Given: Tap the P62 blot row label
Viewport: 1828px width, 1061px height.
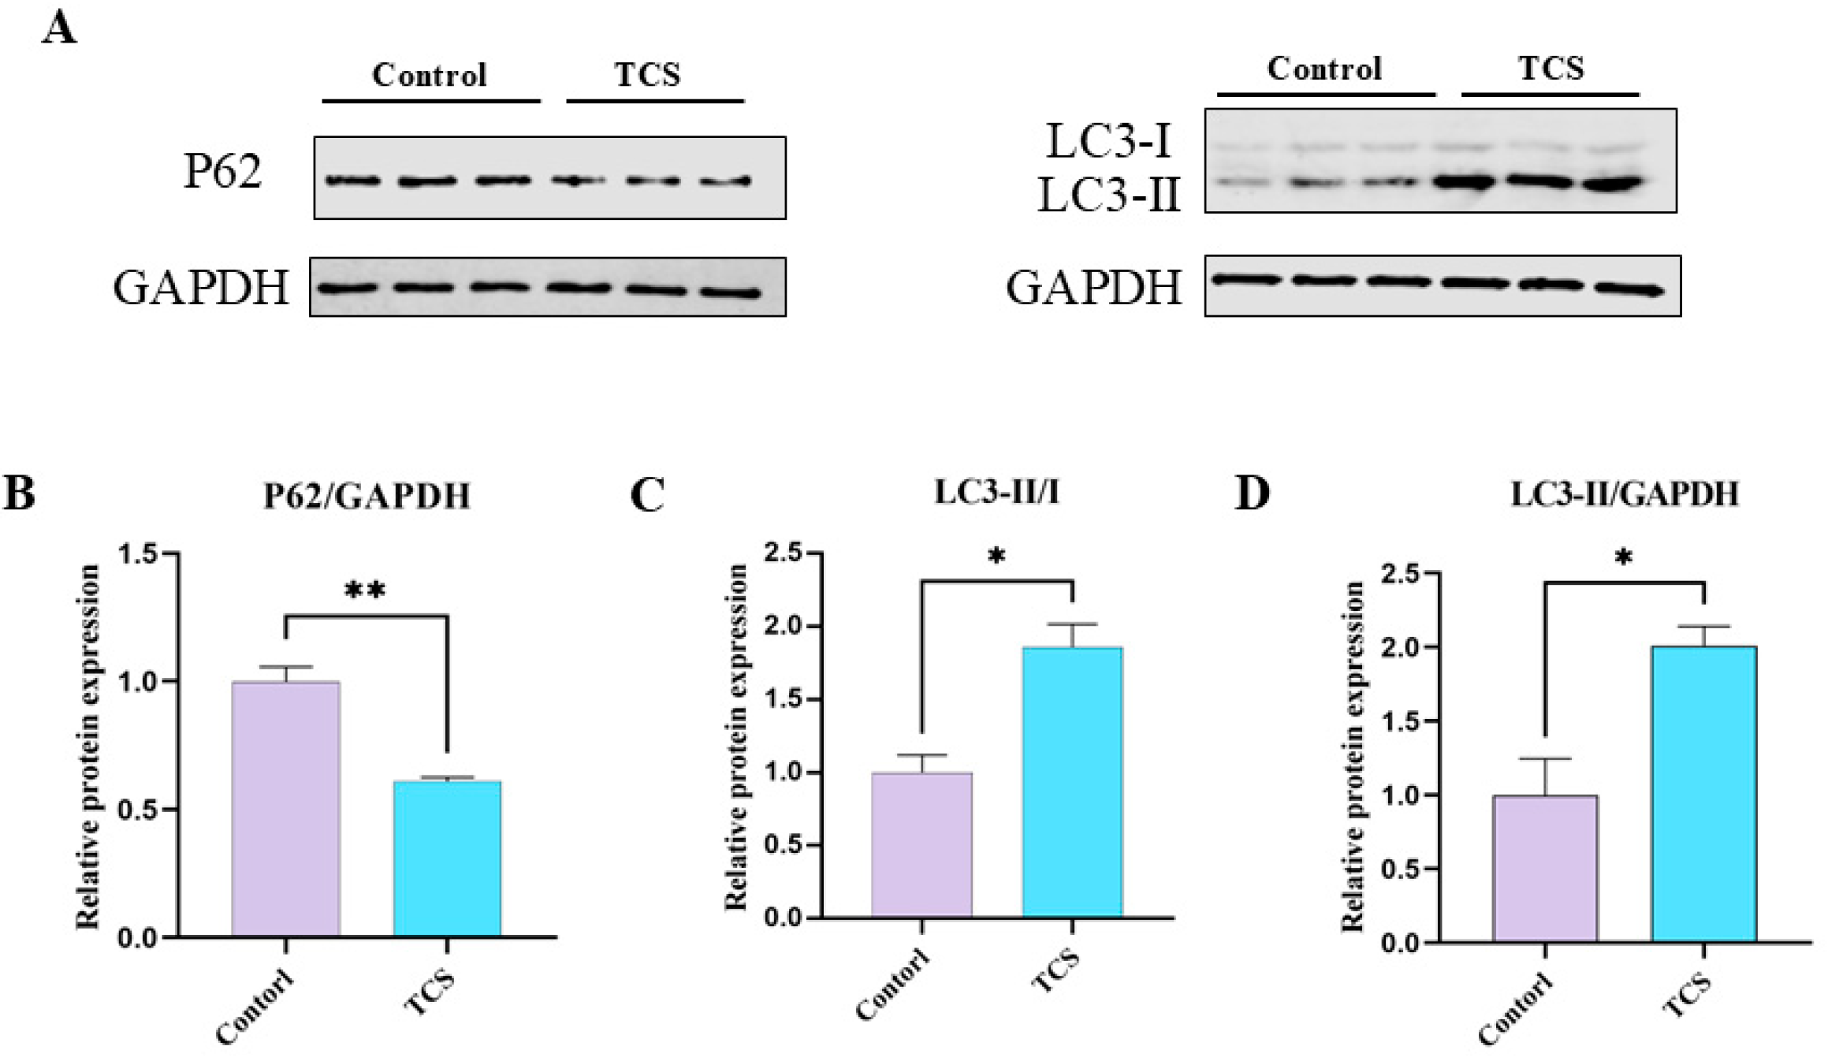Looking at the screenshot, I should pyautogui.click(x=222, y=171).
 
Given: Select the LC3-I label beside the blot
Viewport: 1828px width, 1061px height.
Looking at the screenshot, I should pyautogui.click(x=1108, y=143).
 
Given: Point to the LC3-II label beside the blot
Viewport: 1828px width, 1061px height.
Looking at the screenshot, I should pyautogui.click(x=1108, y=195).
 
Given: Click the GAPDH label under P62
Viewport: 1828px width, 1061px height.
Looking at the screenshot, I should pyautogui.click(x=201, y=288).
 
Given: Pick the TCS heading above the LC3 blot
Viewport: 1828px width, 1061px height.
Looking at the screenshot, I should pyautogui.click(x=1551, y=69).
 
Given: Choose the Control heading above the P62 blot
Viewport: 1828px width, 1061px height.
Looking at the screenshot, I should pyautogui.click(x=430, y=75).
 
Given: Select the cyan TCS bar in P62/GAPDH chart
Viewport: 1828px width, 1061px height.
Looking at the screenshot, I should pyautogui.click(x=447, y=858).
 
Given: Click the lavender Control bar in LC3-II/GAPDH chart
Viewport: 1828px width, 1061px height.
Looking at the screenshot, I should pyautogui.click(x=1545, y=868).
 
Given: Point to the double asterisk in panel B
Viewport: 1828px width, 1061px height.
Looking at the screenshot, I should pyautogui.click(x=365, y=590).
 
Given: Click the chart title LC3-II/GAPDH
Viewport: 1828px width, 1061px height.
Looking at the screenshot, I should pyautogui.click(x=1625, y=494).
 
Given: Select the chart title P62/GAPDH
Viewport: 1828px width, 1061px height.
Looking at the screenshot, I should pyautogui.click(x=367, y=496).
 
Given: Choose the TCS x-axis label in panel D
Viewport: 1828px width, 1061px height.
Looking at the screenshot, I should pyautogui.click(x=1689, y=996).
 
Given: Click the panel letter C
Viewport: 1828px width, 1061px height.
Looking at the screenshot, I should pyautogui.click(x=648, y=494).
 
